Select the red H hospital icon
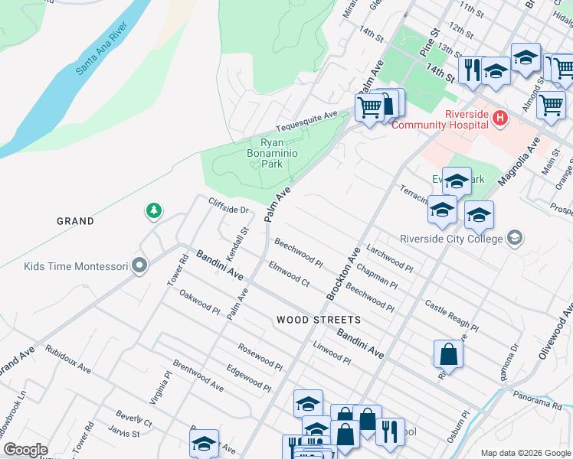500,118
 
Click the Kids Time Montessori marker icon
139,265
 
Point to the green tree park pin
154,210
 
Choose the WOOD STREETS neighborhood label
318,319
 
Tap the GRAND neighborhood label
75,221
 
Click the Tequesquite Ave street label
306,121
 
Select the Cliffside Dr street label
229,205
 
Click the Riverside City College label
451,238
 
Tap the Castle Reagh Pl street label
451,316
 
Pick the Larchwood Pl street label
390,259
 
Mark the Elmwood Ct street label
289,275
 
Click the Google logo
25,450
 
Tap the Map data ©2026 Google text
525,453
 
